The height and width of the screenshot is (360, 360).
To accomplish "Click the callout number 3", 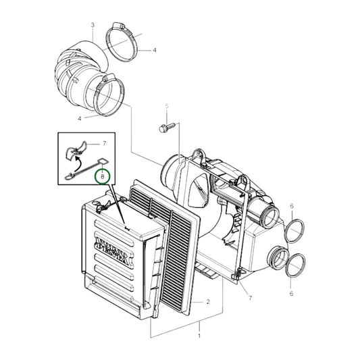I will coord(92,25).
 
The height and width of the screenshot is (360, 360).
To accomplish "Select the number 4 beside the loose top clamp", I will coord(154,50).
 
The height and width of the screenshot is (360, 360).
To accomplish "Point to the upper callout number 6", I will coord(291,205).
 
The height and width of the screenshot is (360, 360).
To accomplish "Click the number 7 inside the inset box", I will coord(105,144).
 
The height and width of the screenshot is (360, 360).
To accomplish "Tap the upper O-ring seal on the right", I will coord(294,231).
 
